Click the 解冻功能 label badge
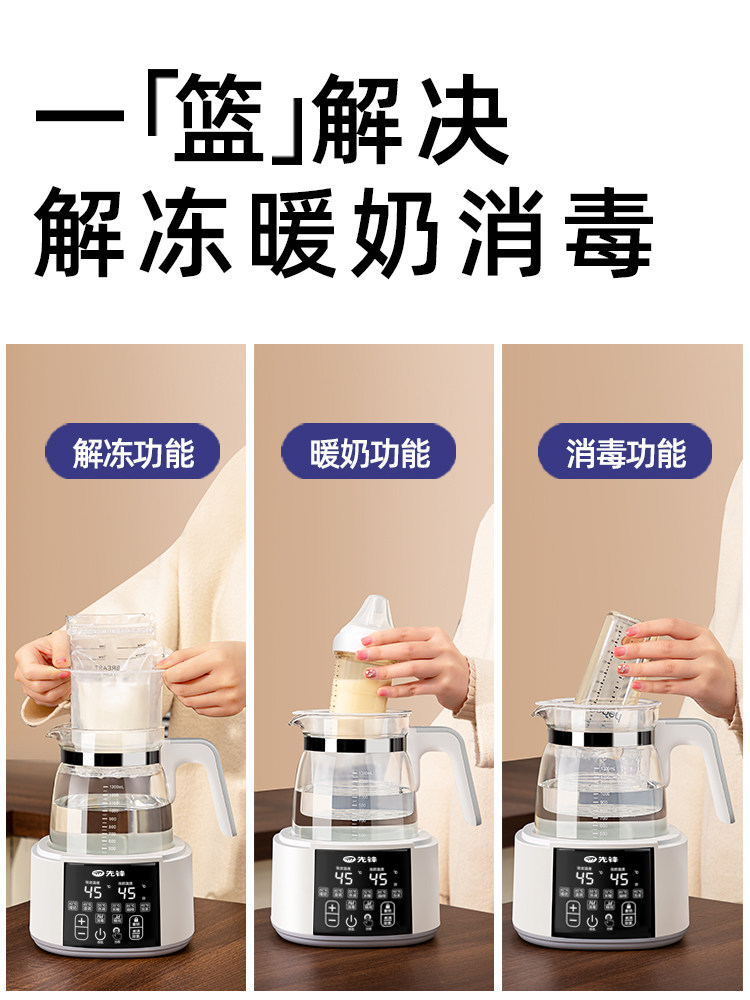[132, 453]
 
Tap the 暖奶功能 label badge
[369, 453]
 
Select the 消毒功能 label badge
[626, 453]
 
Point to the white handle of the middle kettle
[460, 770]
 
